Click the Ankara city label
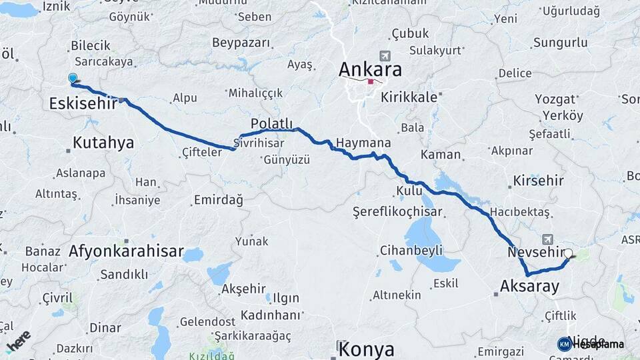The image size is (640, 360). tap(370, 69)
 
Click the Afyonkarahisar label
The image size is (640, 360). tap(126, 251)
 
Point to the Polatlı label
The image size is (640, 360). tap(271, 124)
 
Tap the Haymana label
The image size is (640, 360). tap(363, 143)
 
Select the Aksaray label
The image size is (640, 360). tap(529, 287)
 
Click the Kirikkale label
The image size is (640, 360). tap(409, 97)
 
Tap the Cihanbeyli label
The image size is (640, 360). tap(411, 251)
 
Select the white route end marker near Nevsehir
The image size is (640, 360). tap(568, 254)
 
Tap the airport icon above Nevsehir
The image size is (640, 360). tap(548, 239)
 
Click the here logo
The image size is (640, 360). tap(18, 339)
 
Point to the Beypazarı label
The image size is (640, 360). tap(241, 43)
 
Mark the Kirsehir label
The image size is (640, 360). tap(538, 181)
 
